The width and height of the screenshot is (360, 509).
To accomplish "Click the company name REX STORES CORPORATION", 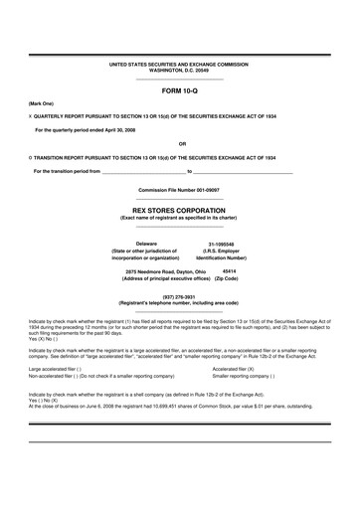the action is point(180,212).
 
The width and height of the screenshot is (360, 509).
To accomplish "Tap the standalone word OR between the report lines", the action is point(180,143).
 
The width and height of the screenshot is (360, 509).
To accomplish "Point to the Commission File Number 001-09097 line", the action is point(180,190).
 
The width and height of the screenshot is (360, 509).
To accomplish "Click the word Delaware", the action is point(146,243).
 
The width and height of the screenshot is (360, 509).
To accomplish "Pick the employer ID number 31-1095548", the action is point(221,244).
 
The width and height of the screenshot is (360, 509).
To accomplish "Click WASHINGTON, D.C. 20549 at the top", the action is point(180,70).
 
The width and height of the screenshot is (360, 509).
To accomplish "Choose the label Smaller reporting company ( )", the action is point(244,377).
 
